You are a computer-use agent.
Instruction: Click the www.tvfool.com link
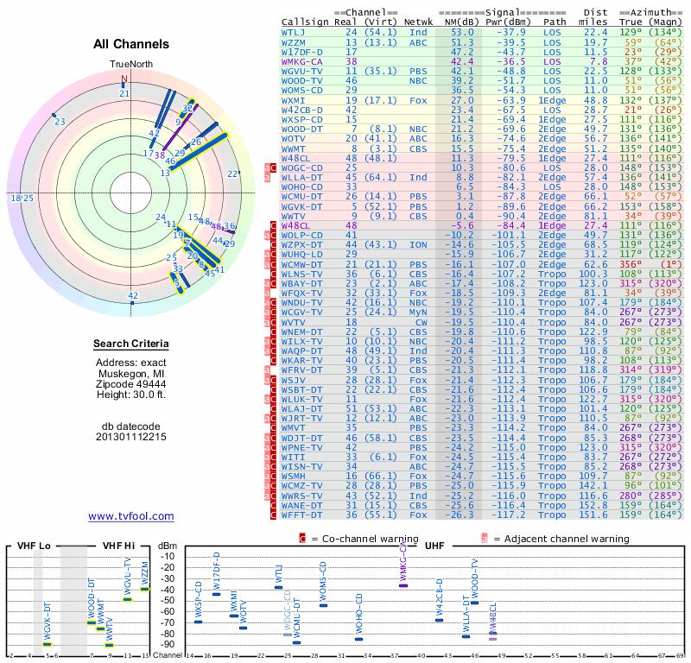[131, 516]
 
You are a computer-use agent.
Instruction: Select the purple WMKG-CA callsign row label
[300, 62]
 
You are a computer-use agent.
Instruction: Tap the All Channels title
[131, 44]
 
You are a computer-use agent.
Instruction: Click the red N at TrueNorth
[124, 79]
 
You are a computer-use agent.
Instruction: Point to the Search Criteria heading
[131, 344]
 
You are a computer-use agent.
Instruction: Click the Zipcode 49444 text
[131, 384]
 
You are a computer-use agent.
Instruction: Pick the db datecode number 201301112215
[131, 437]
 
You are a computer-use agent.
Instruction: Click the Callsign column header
[303, 22]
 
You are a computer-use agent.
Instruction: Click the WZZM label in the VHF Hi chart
[144, 573]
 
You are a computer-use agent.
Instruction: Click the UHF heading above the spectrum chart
[433, 546]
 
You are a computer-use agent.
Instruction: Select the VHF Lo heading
[34, 546]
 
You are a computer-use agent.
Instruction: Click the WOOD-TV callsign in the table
[300, 81]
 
